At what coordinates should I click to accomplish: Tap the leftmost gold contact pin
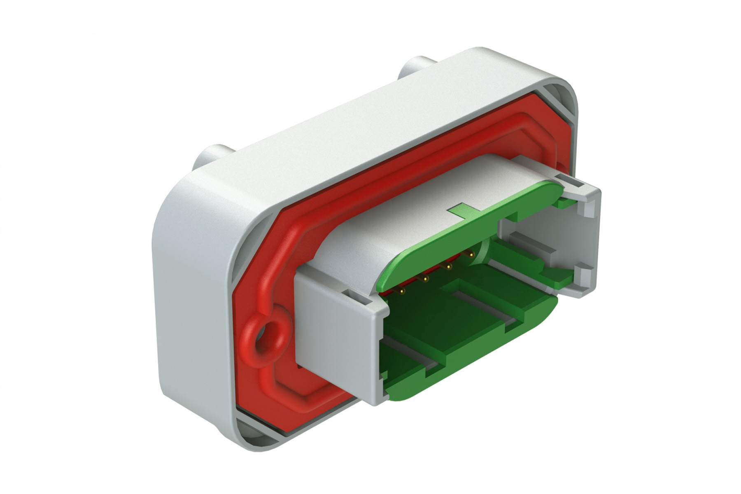tap(401, 292)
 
